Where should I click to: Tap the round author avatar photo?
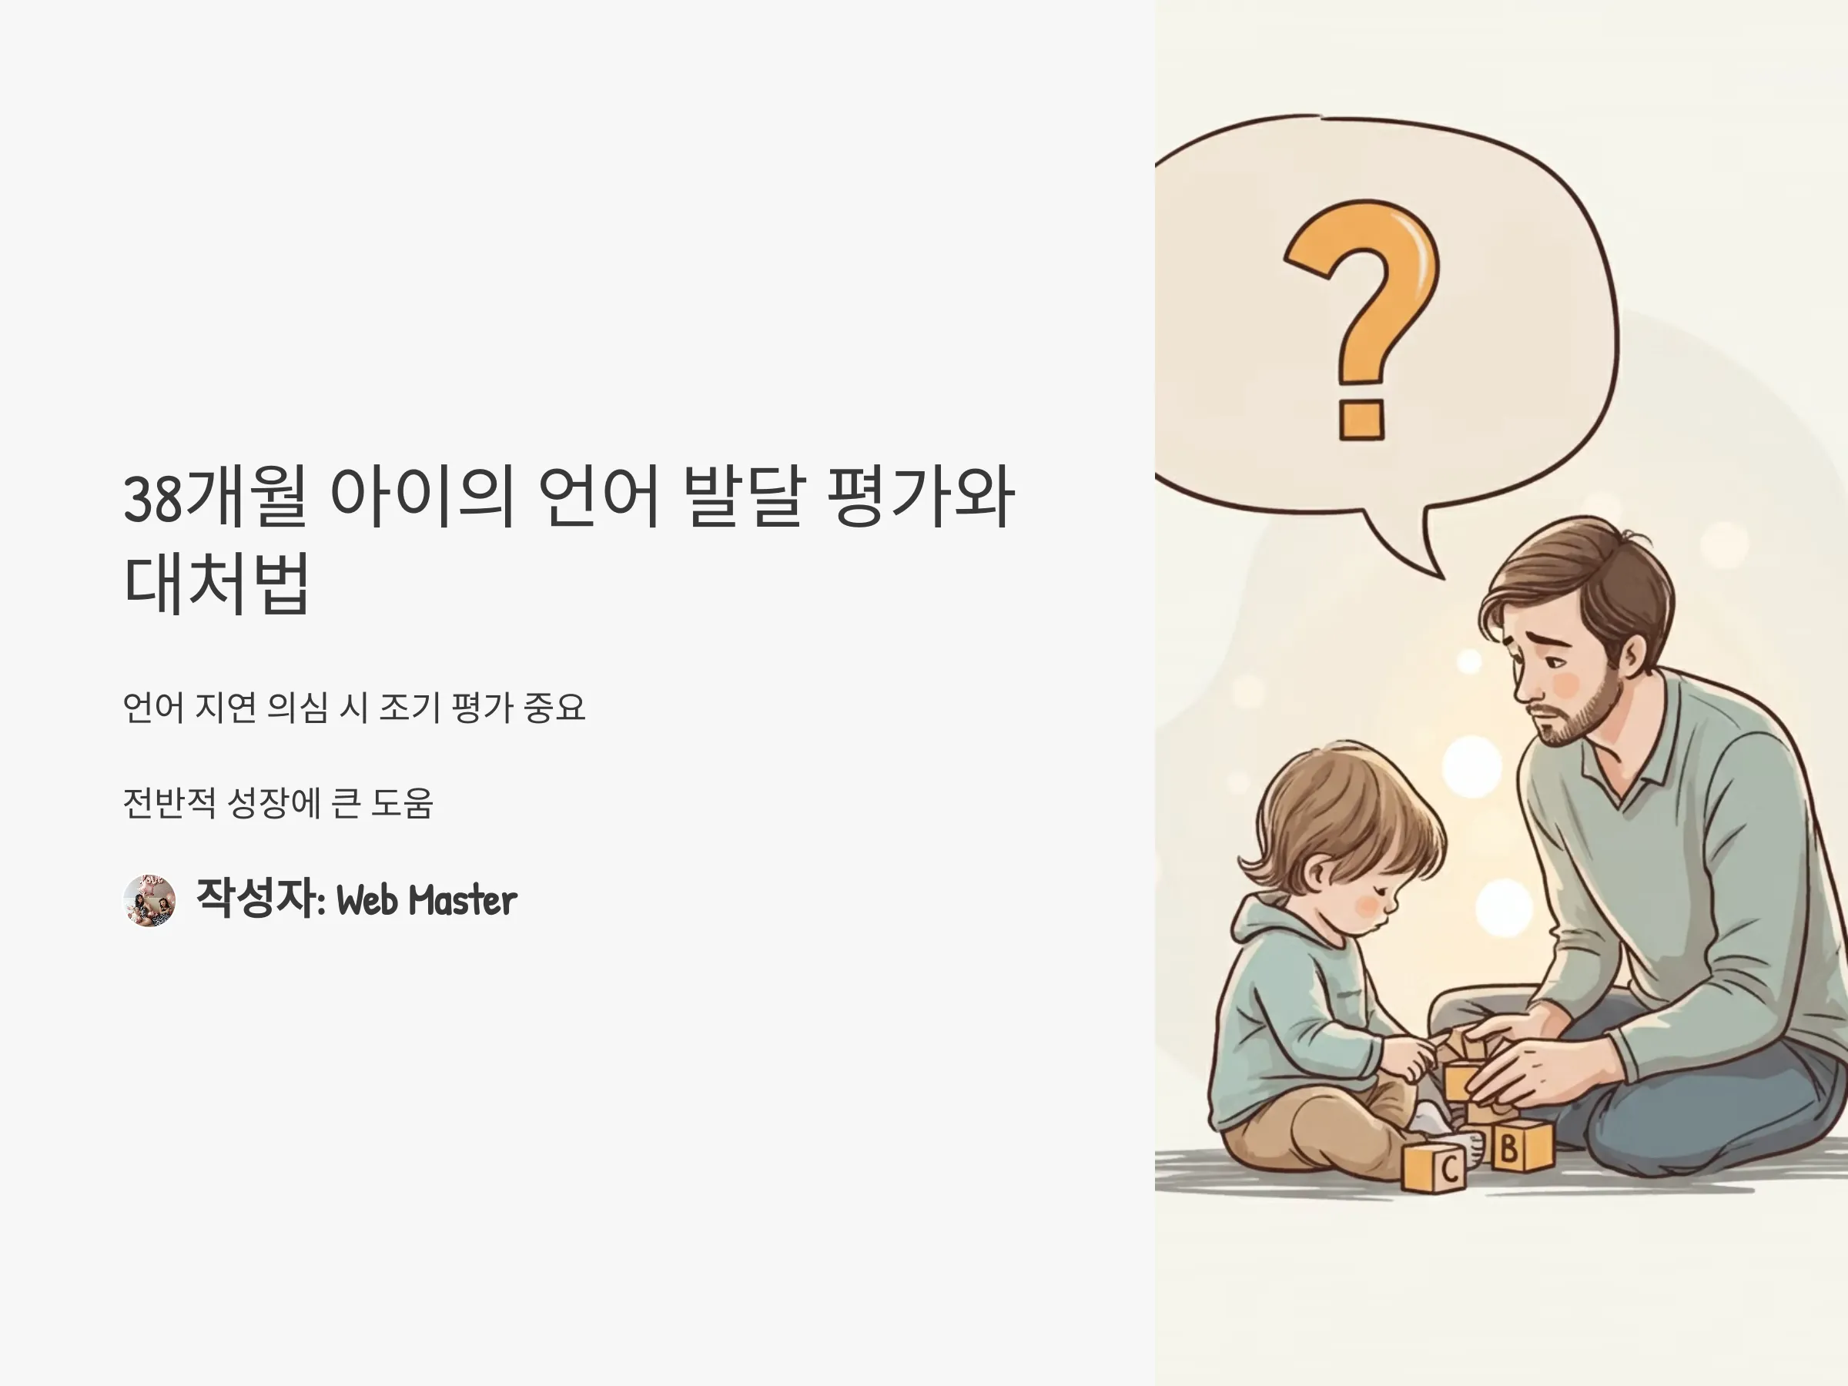coord(149,900)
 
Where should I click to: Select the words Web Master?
coord(426,901)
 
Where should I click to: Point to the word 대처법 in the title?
coord(217,582)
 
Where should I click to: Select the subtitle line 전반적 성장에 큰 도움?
coord(277,803)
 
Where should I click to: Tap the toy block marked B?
coord(1522,1147)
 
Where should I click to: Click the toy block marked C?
coord(1435,1167)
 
